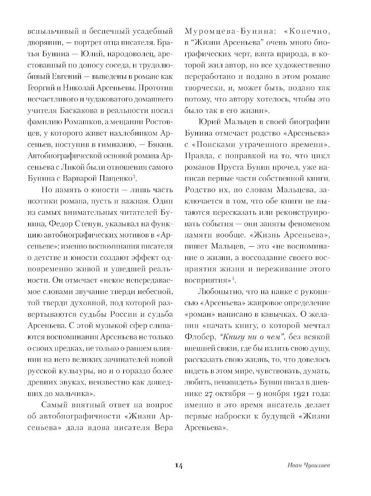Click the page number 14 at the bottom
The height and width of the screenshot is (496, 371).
178,466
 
